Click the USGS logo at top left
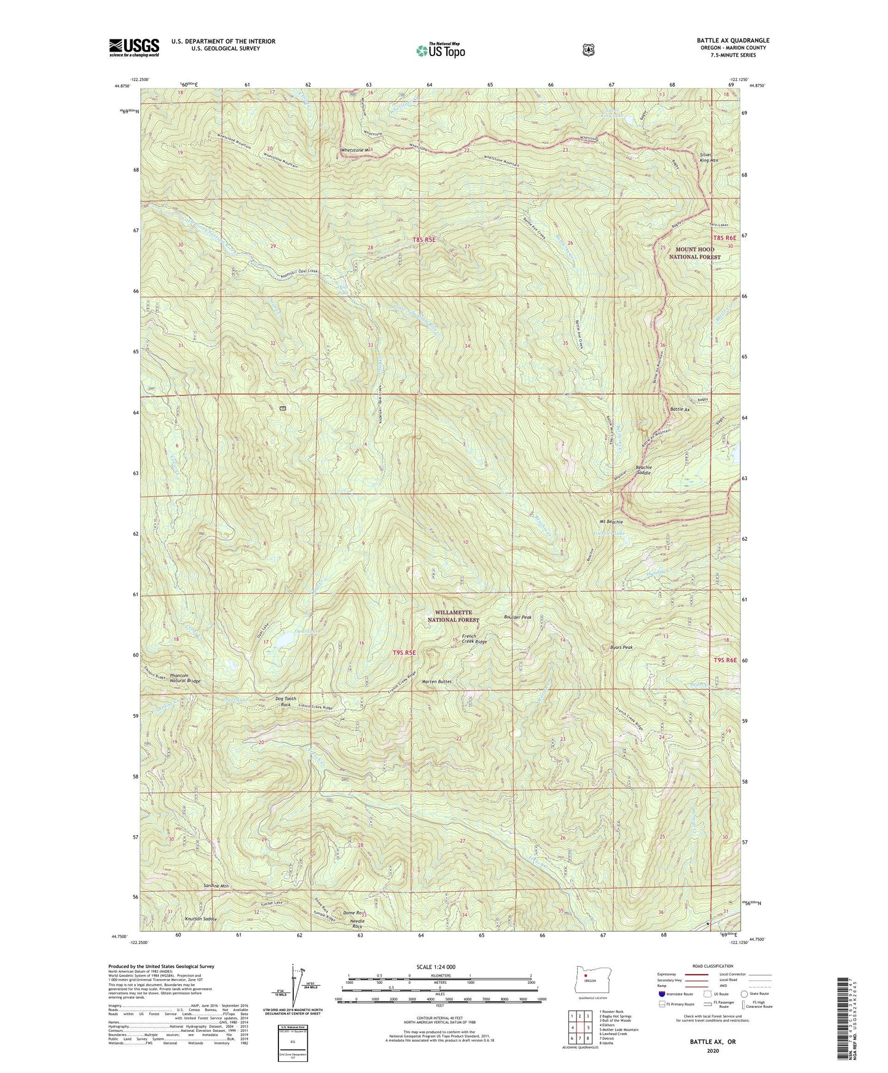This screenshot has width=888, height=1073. point(134,47)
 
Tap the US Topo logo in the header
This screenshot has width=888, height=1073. point(439,50)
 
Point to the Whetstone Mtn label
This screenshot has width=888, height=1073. point(356,151)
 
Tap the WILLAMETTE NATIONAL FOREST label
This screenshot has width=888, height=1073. point(453,616)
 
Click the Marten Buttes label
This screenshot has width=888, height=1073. point(437,682)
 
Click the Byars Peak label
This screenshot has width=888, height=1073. point(621,647)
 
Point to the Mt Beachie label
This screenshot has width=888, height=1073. point(611,522)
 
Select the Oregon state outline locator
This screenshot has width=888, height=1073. point(588,976)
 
